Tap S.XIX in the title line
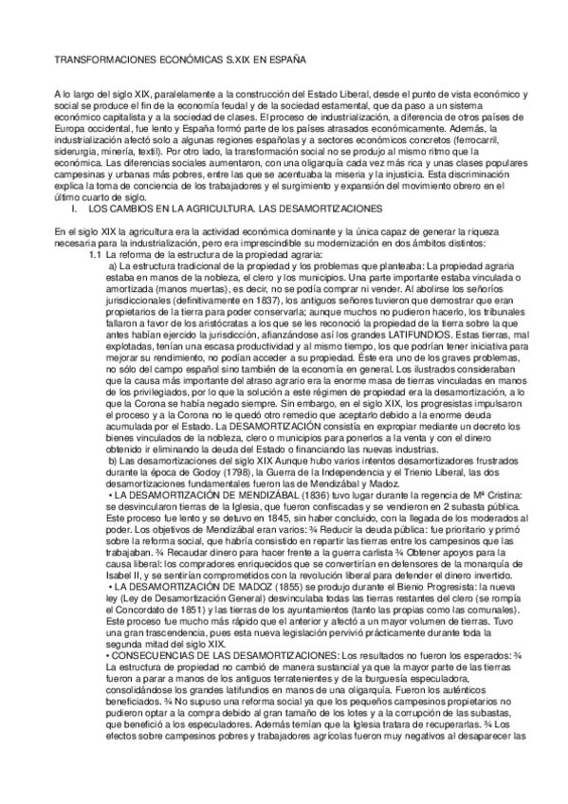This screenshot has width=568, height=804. (x=238, y=61)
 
